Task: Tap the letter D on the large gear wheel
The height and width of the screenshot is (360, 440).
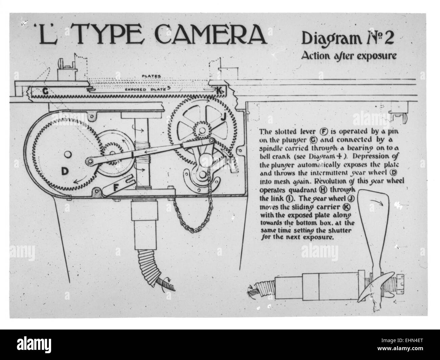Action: [65, 171]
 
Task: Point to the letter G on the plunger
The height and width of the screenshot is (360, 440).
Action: [45, 91]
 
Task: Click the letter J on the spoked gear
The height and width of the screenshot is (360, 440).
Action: [223, 118]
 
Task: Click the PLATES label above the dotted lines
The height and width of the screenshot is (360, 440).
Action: [151, 76]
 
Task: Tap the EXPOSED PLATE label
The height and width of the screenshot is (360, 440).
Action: [146, 89]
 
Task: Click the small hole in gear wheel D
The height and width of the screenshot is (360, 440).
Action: [67, 154]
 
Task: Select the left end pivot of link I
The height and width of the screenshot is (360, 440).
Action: [90, 161]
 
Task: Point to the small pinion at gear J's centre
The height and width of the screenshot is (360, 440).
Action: [202, 130]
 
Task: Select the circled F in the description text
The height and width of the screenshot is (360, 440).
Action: [324, 131]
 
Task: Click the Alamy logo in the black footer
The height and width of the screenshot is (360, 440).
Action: [34, 344]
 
